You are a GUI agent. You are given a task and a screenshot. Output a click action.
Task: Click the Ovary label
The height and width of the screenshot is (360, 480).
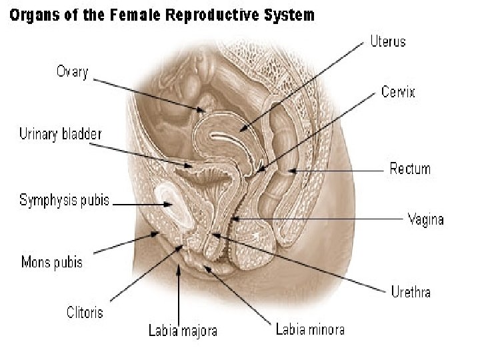pyautogui.click(x=72, y=72)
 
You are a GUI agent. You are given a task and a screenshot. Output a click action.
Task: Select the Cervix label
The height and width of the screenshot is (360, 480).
pyautogui.click(x=398, y=92)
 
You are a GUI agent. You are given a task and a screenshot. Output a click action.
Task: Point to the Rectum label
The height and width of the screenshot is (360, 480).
pyautogui.click(x=410, y=169)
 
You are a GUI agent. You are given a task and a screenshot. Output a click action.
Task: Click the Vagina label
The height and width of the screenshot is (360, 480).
pyautogui.click(x=425, y=219)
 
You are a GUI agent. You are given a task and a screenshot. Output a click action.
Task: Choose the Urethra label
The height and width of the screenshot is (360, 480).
pyautogui.click(x=410, y=291)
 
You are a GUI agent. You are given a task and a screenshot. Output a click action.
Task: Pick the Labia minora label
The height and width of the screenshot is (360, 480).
pyautogui.click(x=310, y=330)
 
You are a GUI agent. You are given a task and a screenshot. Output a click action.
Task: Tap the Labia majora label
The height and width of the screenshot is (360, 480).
pyautogui.click(x=182, y=330)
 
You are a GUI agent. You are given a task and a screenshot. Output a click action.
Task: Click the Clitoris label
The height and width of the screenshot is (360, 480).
pyautogui.click(x=85, y=311)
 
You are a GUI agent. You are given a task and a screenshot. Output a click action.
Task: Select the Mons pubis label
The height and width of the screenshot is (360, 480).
pyautogui.click(x=52, y=262)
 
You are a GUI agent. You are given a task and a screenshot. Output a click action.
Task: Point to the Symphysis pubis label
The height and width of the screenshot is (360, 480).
pyautogui.click(x=65, y=199)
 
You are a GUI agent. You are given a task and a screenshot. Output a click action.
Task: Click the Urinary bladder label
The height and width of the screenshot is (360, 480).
pyautogui.click(x=59, y=135)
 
